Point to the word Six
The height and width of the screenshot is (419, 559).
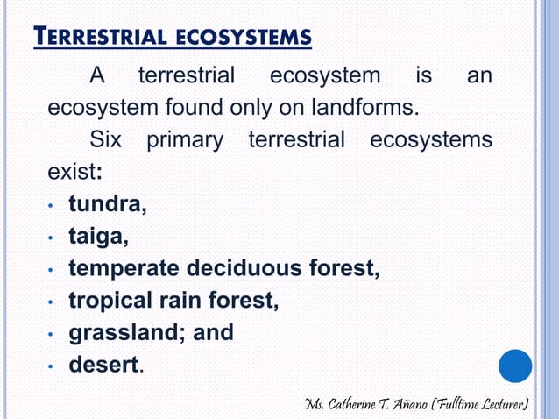coord(107,141)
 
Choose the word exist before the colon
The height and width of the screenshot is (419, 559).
coord(73,173)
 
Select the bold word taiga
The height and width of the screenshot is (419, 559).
coord(99,238)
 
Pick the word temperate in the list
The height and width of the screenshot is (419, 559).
coord(123,269)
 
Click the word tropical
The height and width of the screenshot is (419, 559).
coord(109,302)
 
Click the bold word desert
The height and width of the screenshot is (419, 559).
coord(103,365)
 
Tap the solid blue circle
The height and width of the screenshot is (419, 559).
coord(515,366)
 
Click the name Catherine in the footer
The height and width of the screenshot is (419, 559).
coord(366,404)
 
